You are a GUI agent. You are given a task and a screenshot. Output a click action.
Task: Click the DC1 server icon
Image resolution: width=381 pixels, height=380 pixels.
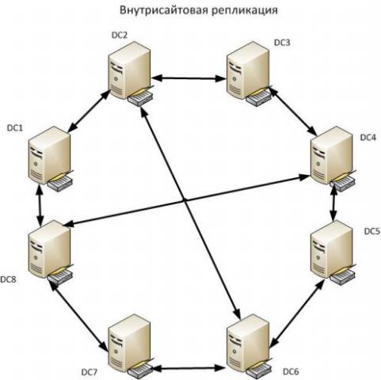pos(50,159)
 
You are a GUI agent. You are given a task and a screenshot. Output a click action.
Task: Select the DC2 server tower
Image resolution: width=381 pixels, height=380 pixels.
pos(131,74)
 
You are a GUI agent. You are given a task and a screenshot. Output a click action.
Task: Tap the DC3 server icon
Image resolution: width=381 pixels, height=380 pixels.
pos(250,74)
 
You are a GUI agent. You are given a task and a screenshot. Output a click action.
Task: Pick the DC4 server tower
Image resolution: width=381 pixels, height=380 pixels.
pos(333,159)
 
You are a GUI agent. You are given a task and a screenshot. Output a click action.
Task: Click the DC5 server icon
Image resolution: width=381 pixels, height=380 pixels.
pos(333,253)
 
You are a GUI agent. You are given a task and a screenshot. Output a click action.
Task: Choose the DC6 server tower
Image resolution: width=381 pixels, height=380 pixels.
pos(250,347)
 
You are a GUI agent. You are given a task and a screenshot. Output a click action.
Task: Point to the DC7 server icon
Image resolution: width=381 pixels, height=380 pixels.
pos(131,347)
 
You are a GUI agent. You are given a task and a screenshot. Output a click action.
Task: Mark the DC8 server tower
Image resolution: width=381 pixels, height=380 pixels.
pos(50,253)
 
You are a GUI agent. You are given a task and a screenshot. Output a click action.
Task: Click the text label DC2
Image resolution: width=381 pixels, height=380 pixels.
pos(120,36)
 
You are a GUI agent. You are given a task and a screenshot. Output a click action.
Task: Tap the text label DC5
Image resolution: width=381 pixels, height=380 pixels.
pos(372,231)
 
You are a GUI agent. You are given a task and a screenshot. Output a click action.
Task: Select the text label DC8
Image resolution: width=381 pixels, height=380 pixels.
pos(8,279)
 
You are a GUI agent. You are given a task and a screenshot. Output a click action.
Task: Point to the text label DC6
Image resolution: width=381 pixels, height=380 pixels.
pos(291,372)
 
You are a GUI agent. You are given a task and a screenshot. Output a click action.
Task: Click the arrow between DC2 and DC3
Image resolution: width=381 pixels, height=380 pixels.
pos(189,78)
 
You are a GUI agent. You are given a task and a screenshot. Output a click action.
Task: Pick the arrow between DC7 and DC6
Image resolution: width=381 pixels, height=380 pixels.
pos(189,368)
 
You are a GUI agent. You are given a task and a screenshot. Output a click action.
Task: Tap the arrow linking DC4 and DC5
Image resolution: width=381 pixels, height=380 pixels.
pos(334,203)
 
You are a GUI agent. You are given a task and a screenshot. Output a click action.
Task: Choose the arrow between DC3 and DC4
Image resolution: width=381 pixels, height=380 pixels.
pos(293,111)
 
